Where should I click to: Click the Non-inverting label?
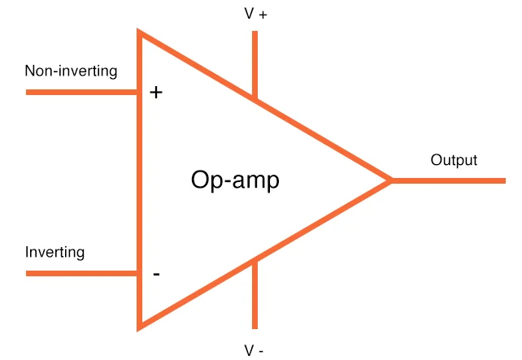71,72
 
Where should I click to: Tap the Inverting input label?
54,252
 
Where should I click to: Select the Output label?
454,160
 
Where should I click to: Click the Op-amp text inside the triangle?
235,180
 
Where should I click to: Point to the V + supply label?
255,14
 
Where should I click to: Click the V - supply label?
254,350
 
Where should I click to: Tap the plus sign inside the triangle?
156,92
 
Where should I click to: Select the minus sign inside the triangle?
156,274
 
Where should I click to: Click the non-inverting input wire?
81,92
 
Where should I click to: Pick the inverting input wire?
81,274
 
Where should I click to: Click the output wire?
449,180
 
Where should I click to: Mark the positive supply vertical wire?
255,65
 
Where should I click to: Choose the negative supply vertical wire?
255,294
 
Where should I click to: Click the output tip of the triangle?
392,180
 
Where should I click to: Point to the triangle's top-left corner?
138,29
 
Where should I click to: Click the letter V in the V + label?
250,14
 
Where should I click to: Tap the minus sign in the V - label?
261,351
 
